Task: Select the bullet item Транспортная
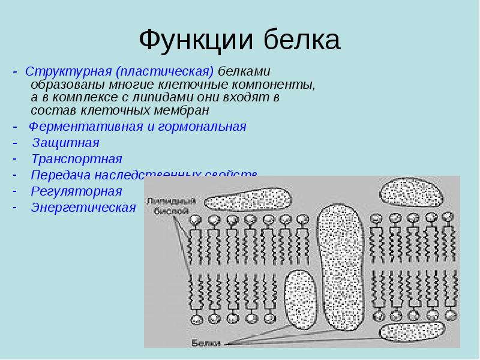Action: (76, 160)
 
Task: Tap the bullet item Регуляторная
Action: (76, 191)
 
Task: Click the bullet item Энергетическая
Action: (83, 208)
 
